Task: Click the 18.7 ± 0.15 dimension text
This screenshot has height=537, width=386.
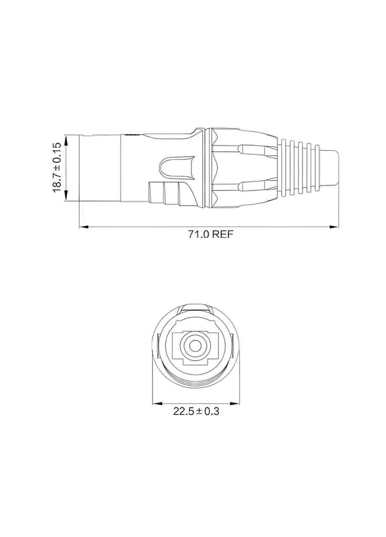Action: click(x=57, y=167)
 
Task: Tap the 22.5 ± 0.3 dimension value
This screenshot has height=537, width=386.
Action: click(x=196, y=411)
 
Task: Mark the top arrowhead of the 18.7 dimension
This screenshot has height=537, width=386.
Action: click(x=66, y=138)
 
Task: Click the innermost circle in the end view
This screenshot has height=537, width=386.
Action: click(x=196, y=346)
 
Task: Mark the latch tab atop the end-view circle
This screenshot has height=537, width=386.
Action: click(x=196, y=308)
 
